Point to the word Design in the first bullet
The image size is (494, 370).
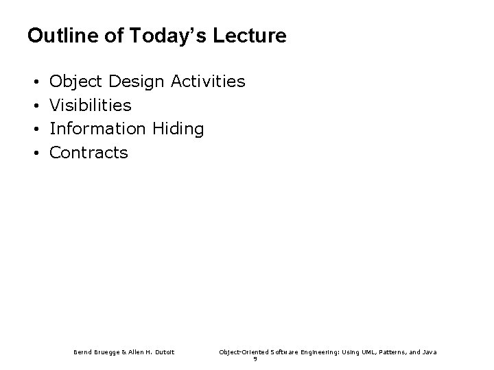[x=137, y=82]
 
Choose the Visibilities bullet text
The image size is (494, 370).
[x=91, y=106]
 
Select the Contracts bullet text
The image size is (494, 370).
[x=89, y=152]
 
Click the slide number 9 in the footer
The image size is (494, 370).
[x=255, y=358]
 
